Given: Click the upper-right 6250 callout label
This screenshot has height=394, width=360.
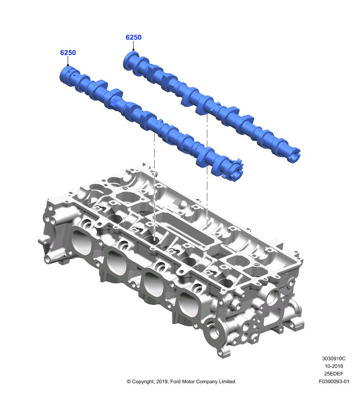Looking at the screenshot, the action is coord(133,37).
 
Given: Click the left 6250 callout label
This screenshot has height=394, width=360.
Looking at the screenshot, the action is coord(68,53).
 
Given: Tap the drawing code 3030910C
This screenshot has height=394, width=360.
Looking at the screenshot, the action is coord(333,359).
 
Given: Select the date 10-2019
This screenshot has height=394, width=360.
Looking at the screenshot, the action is coord(333,366).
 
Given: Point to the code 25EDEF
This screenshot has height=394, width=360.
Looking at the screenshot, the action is coord(333,374).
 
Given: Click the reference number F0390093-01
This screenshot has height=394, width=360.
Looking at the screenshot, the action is coord(334,381).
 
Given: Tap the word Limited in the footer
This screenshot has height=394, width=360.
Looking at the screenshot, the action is coord(227,381).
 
